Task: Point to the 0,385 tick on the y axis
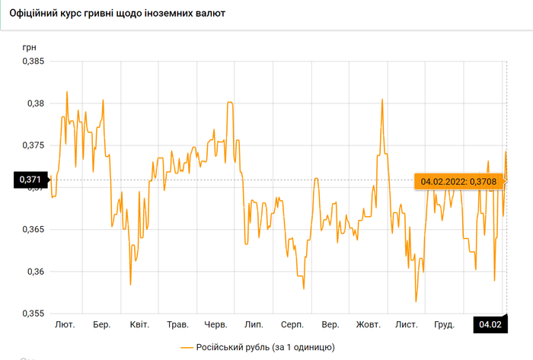(33, 61)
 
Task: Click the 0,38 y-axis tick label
(35, 103)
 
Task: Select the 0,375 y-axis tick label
(33, 145)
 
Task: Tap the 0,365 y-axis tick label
(33, 229)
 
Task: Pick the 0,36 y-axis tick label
(35, 272)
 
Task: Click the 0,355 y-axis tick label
(33, 314)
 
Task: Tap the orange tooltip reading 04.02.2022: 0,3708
(458, 181)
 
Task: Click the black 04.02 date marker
(491, 325)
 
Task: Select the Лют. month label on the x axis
(65, 325)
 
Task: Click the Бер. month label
(102, 325)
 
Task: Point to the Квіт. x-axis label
(139, 325)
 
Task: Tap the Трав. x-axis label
(177, 325)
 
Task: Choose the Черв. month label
(216, 325)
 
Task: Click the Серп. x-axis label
(292, 325)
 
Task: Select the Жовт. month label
(369, 325)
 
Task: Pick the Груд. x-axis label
(444, 325)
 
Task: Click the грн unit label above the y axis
(29, 47)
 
